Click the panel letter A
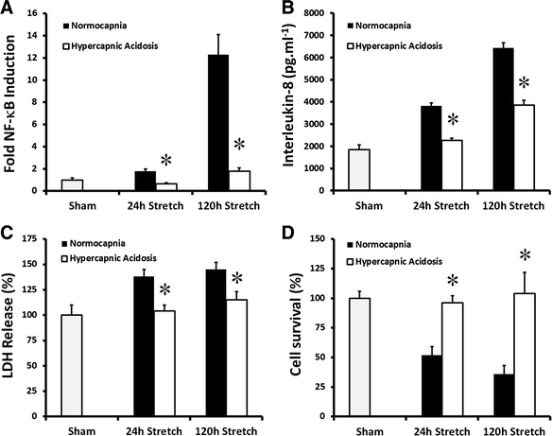point(9,9)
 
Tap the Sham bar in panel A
point(73,185)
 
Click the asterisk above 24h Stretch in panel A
point(165,160)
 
